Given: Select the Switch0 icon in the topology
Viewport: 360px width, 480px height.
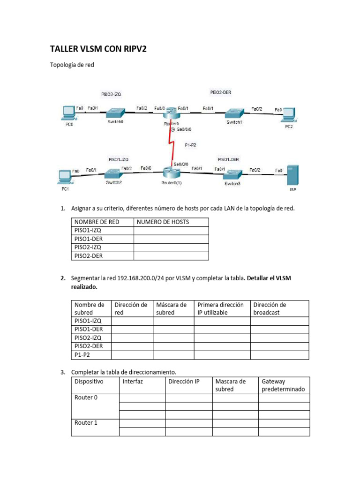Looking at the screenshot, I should pyautogui.click(x=115, y=112).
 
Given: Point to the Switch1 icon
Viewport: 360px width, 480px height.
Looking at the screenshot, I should pyautogui.click(x=234, y=113).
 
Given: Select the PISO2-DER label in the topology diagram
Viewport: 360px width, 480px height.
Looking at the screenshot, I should pyautogui.click(x=220, y=93).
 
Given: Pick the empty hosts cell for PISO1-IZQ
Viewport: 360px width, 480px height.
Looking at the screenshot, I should pyautogui.click(x=171, y=231).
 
